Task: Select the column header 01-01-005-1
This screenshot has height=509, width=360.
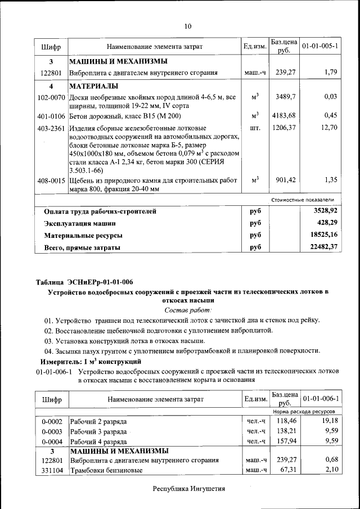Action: point(319,46)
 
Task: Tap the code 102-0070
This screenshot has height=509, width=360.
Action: point(51,97)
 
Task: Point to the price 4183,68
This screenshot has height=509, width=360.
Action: point(284,116)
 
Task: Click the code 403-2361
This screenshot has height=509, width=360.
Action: point(51,128)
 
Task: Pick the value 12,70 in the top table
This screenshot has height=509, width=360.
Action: point(328,128)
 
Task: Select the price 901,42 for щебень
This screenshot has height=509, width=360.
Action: point(284,180)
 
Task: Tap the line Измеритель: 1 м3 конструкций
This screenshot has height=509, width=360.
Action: point(90,361)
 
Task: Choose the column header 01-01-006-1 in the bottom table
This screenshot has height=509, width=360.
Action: point(319,399)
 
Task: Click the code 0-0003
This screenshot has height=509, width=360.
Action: point(52,431)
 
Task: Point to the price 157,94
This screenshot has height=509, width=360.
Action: point(285,441)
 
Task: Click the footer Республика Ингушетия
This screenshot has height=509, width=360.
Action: point(188,489)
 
